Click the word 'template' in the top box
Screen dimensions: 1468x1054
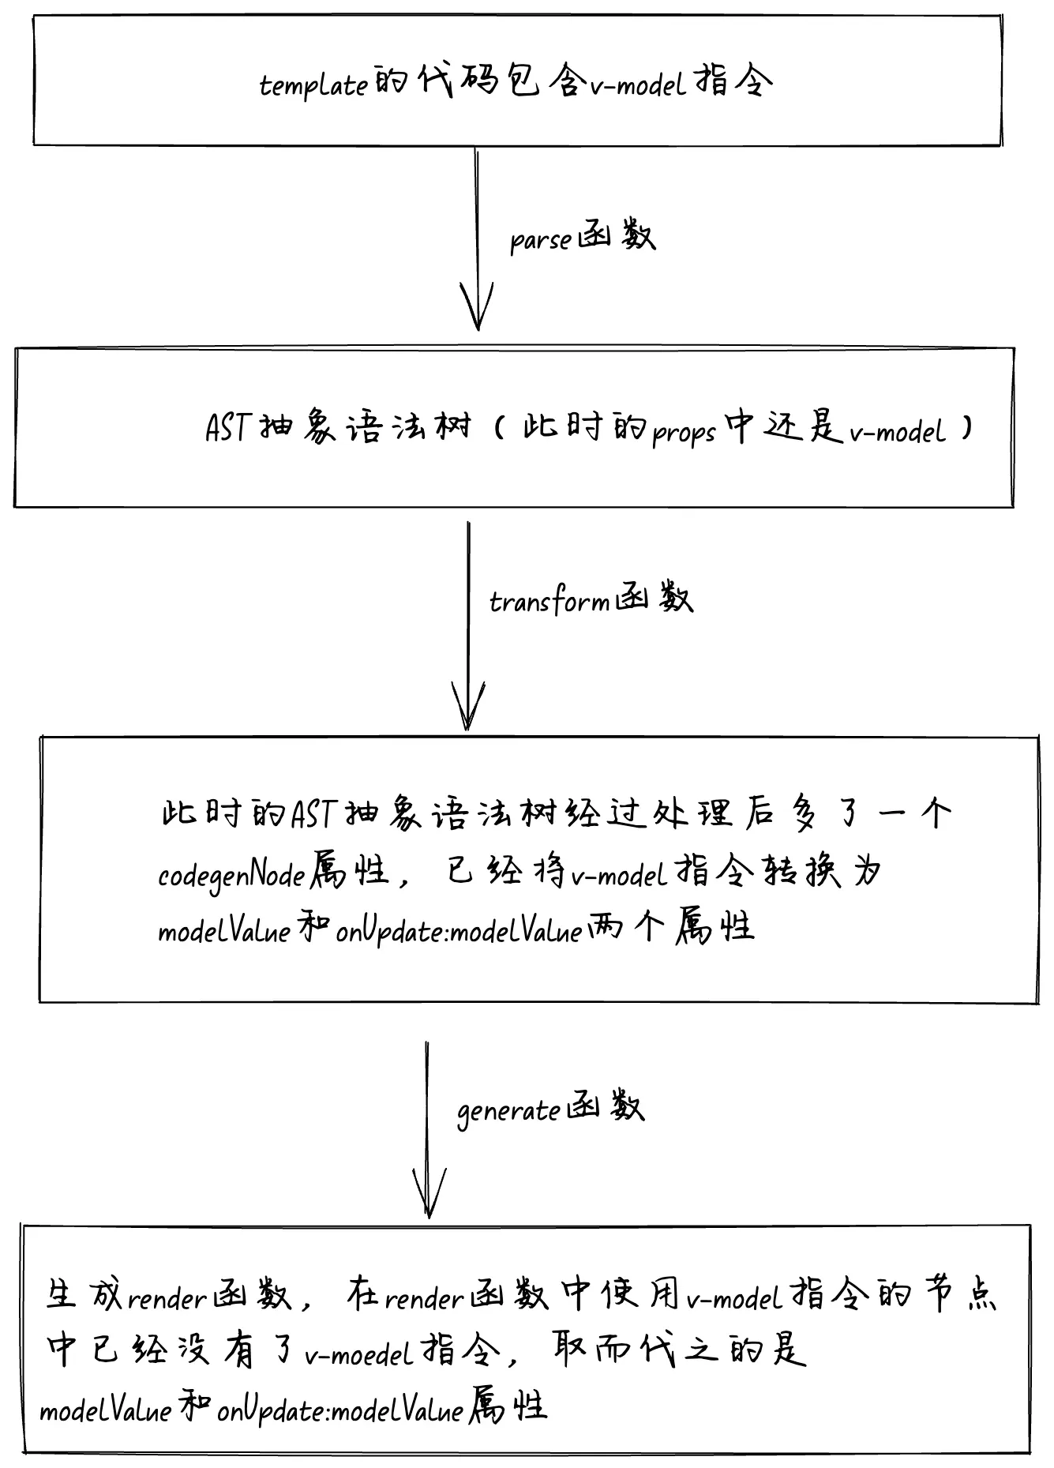(313, 84)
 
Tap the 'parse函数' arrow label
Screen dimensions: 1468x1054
(582, 237)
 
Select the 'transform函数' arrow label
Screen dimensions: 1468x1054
(591, 600)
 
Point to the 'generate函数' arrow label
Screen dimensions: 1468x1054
(550, 1109)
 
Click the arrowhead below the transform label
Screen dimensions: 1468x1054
(467, 707)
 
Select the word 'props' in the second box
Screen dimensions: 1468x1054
(684, 432)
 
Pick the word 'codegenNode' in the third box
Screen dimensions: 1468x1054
(231, 874)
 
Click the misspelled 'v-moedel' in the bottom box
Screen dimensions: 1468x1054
(359, 1355)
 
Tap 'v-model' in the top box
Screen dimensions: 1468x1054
(640, 84)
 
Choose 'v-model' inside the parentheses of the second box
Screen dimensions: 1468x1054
(897, 430)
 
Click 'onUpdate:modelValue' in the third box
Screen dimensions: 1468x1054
(459, 932)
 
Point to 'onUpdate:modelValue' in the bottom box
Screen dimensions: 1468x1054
(339, 1410)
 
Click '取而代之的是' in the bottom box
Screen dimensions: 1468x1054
(679, 1352)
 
